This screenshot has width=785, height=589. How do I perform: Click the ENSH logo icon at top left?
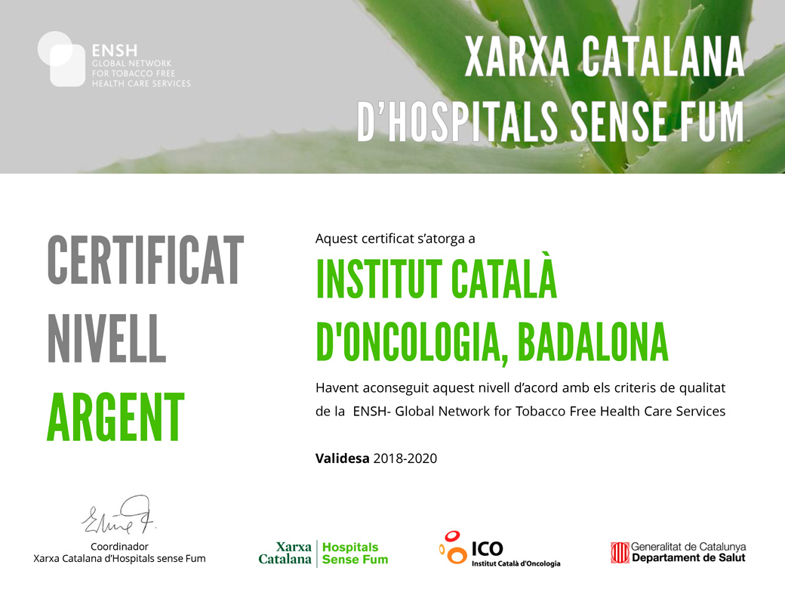tap(62, 59)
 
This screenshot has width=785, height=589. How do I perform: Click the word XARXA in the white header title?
tap(517, 57)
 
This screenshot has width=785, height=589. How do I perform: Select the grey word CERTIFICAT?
tap(146, 260)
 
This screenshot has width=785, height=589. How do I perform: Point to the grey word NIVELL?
tap(106, 338)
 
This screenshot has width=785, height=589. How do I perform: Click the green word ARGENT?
tap(115, 417)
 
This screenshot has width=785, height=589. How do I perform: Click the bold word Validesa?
tap(343, 458)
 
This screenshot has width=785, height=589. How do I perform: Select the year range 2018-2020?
tap(405, 458)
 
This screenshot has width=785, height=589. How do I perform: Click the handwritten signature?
tap(119, 515)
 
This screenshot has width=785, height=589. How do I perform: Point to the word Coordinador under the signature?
tap(120, 547)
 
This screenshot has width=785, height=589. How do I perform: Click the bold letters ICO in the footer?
tap(487, 549)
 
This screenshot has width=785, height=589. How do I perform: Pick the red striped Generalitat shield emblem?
tap(620, 553)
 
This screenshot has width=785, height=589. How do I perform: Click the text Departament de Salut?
tap(688, 558)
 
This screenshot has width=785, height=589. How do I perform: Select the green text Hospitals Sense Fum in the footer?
tap(355, 554)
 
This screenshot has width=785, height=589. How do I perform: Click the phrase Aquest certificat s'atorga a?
tap(395, 239)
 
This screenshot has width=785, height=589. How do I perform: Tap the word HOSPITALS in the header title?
tap(473, 122)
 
